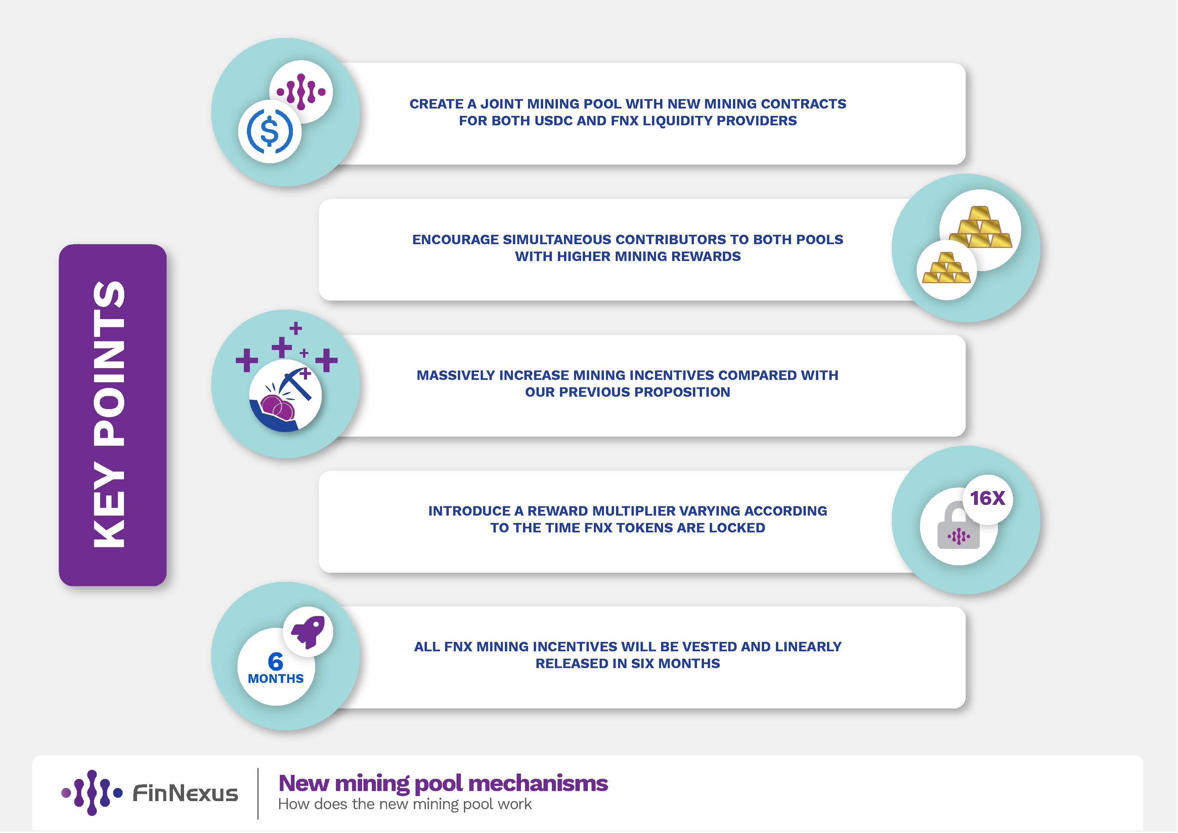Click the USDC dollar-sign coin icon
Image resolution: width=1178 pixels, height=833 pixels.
(270, 132)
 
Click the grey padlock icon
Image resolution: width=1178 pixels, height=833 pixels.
(958, 528)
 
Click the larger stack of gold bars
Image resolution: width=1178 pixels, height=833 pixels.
(980, 228)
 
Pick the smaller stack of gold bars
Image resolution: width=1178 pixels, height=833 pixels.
(946, 268)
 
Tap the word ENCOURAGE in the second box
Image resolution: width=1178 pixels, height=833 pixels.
(455, 239)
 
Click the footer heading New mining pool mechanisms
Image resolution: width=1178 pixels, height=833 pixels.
(443, 783)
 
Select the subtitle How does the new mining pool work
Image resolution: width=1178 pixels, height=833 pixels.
(405, 804)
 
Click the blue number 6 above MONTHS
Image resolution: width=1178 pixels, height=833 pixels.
(275, 662)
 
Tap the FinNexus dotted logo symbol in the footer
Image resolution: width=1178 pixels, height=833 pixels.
(92, 793)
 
